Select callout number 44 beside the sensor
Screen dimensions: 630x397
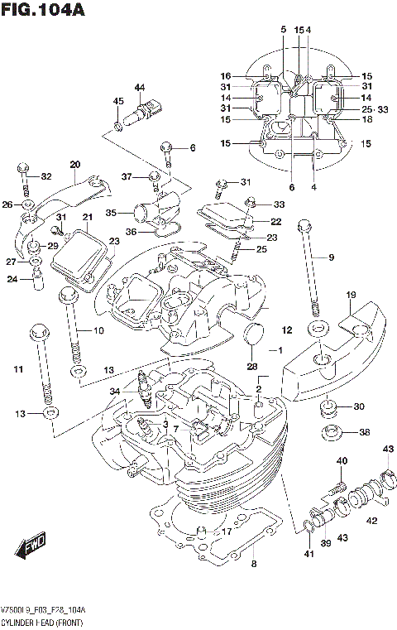(x=139, y=88)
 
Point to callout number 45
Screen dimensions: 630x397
(x=118, y=102)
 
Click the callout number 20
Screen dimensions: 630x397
(x=75, y=164)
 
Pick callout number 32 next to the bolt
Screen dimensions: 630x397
(x=45, y=176)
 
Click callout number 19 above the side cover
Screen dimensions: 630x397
(x=351, y=296)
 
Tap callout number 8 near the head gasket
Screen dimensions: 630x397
(x=254, y=565)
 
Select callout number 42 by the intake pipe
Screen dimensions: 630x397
(x=371, y=521)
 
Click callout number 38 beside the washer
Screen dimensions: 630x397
(x=365, y=432)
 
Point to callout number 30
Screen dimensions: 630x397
(x=358, y=406)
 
